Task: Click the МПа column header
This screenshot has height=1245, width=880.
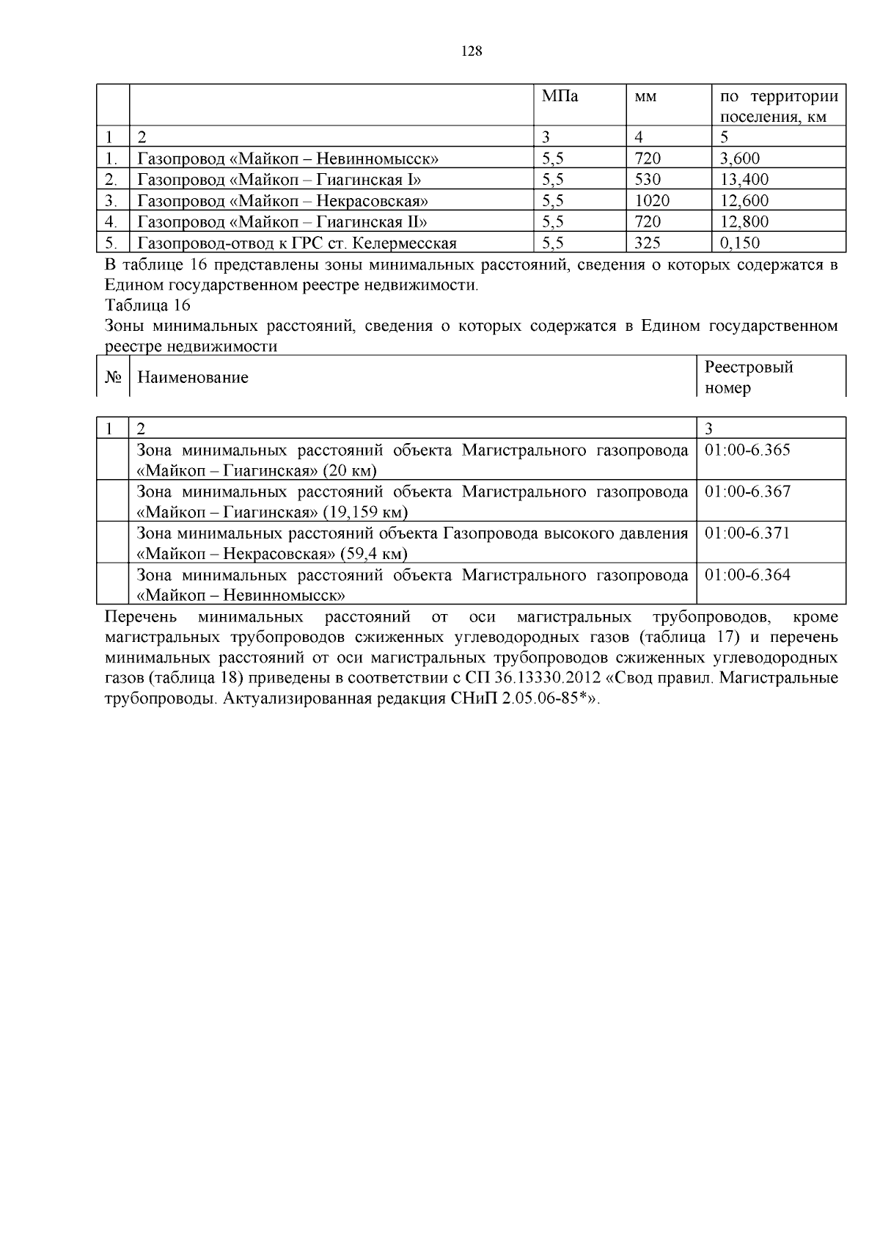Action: pos(560,96)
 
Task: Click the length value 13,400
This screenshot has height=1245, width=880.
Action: pos(744,179)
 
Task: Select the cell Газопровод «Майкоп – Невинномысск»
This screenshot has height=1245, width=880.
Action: pos(288,158)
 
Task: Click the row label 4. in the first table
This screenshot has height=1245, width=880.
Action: pos(111,222)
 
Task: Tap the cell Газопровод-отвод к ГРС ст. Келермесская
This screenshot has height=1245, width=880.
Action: pos(297,243)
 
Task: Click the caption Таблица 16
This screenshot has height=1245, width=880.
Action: pos(147,305)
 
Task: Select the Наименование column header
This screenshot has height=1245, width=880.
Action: pos(193,377)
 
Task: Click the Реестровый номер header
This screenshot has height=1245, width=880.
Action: pos(748,377)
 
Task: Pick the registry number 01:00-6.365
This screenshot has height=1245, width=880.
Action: pos(747,450)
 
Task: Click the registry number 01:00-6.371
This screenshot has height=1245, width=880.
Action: pos(747,533)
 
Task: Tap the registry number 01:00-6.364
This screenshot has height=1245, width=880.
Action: pos(747,574)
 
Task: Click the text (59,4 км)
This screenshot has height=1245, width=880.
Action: pos(371,553)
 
